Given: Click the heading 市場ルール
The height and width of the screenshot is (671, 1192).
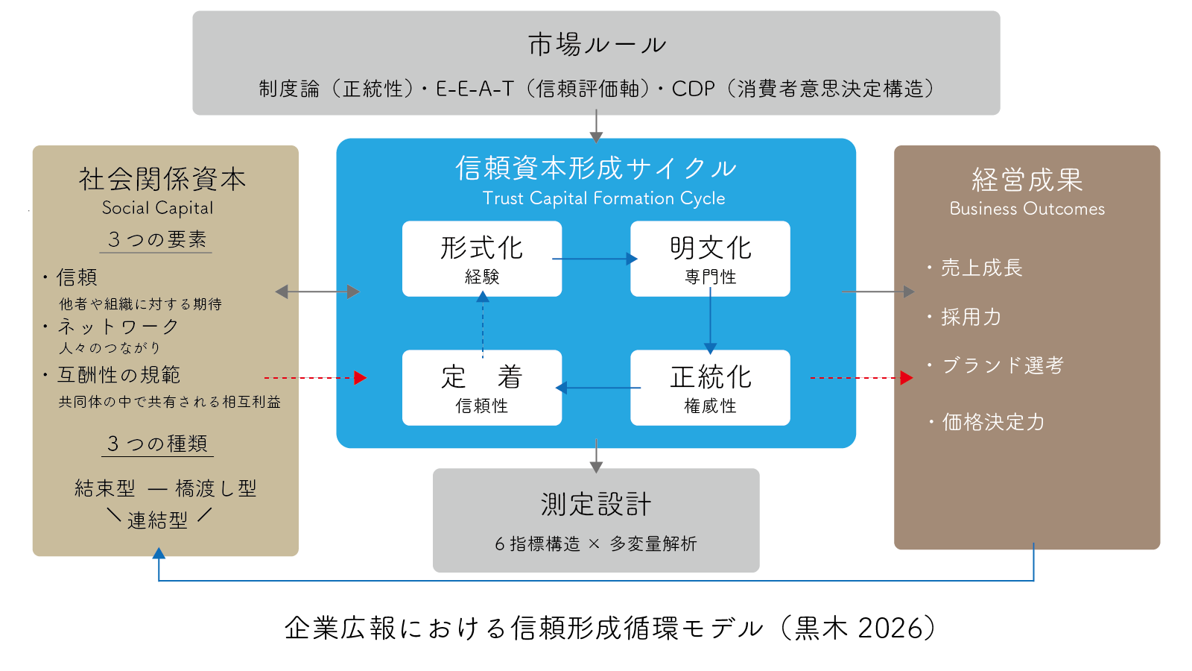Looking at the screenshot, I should pos(596,45).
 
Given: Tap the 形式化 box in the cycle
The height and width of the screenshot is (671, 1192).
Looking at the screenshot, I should pos(482,258).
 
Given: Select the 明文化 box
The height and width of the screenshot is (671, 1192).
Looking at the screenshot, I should pos(710,258).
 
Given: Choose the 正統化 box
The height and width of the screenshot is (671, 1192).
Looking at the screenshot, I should pos(710,387).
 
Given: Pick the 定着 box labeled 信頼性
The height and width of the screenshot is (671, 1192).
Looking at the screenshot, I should pos(482,387).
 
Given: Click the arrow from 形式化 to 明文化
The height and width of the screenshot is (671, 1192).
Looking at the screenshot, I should pos(595,259).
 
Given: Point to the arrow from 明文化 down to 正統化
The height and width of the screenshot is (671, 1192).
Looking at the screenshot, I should pos(710,321).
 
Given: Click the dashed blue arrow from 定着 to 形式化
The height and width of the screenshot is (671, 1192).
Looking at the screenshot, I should pos(483,324).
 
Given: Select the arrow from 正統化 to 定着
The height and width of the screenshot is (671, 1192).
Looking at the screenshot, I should pos(597,388).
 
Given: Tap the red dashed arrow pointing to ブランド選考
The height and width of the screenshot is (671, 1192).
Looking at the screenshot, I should pos(860,378).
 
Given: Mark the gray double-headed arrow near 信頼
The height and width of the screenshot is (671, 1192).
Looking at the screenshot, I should pos(317,292).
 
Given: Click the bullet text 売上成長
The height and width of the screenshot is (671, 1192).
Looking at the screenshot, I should pos(981,268).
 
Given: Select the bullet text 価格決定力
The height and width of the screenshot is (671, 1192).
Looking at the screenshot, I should pos(992,422).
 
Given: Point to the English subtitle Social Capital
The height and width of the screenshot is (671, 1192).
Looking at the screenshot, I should pos(157,208).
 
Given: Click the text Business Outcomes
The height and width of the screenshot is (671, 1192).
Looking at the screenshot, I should pos(1027,209).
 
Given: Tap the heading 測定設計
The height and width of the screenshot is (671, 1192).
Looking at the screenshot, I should pos(596,504).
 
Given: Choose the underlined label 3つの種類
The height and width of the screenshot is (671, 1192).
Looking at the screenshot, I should pos(157,444).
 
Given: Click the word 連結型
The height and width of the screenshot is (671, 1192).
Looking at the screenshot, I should pos(157,520).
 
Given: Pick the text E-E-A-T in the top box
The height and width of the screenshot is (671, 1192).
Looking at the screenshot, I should pos(475,89).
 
